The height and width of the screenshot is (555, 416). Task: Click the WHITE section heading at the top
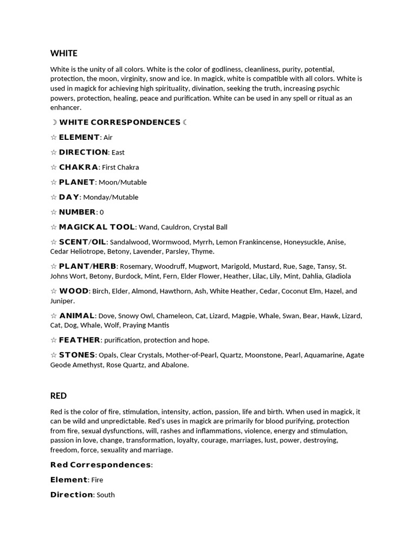63,53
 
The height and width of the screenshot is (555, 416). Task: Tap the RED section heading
58,396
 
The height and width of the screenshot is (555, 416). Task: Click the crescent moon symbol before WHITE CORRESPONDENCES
54,122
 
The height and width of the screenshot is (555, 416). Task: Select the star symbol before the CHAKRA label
53,167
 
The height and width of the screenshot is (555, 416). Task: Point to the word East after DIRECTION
118,153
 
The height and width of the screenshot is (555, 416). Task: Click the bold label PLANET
77,182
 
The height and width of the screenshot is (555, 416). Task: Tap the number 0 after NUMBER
102,212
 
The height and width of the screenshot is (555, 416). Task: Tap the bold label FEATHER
80,340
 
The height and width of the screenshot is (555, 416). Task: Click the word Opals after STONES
108,356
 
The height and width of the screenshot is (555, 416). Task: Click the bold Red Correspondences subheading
101,465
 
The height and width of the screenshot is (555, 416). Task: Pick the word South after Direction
106,495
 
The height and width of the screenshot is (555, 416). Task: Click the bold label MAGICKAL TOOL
97,227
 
